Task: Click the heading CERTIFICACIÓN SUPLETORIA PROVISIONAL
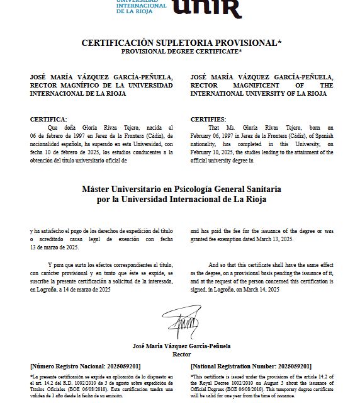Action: [x=181, y=43]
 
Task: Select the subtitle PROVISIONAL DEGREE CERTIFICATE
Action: [x=181, y=50]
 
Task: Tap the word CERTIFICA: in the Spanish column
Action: [x=48, y=119]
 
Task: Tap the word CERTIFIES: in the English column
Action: [x=208, y=119]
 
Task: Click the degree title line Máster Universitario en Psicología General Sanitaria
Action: [x=181, y=189]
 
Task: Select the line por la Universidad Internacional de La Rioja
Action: [x=181, y=200]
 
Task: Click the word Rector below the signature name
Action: [x=181, y=355]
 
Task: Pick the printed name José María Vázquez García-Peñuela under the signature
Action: [x=181, y=346]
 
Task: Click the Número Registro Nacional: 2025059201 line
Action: [x=86, y=366]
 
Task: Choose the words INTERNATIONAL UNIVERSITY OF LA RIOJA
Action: [x=259, y=93]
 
